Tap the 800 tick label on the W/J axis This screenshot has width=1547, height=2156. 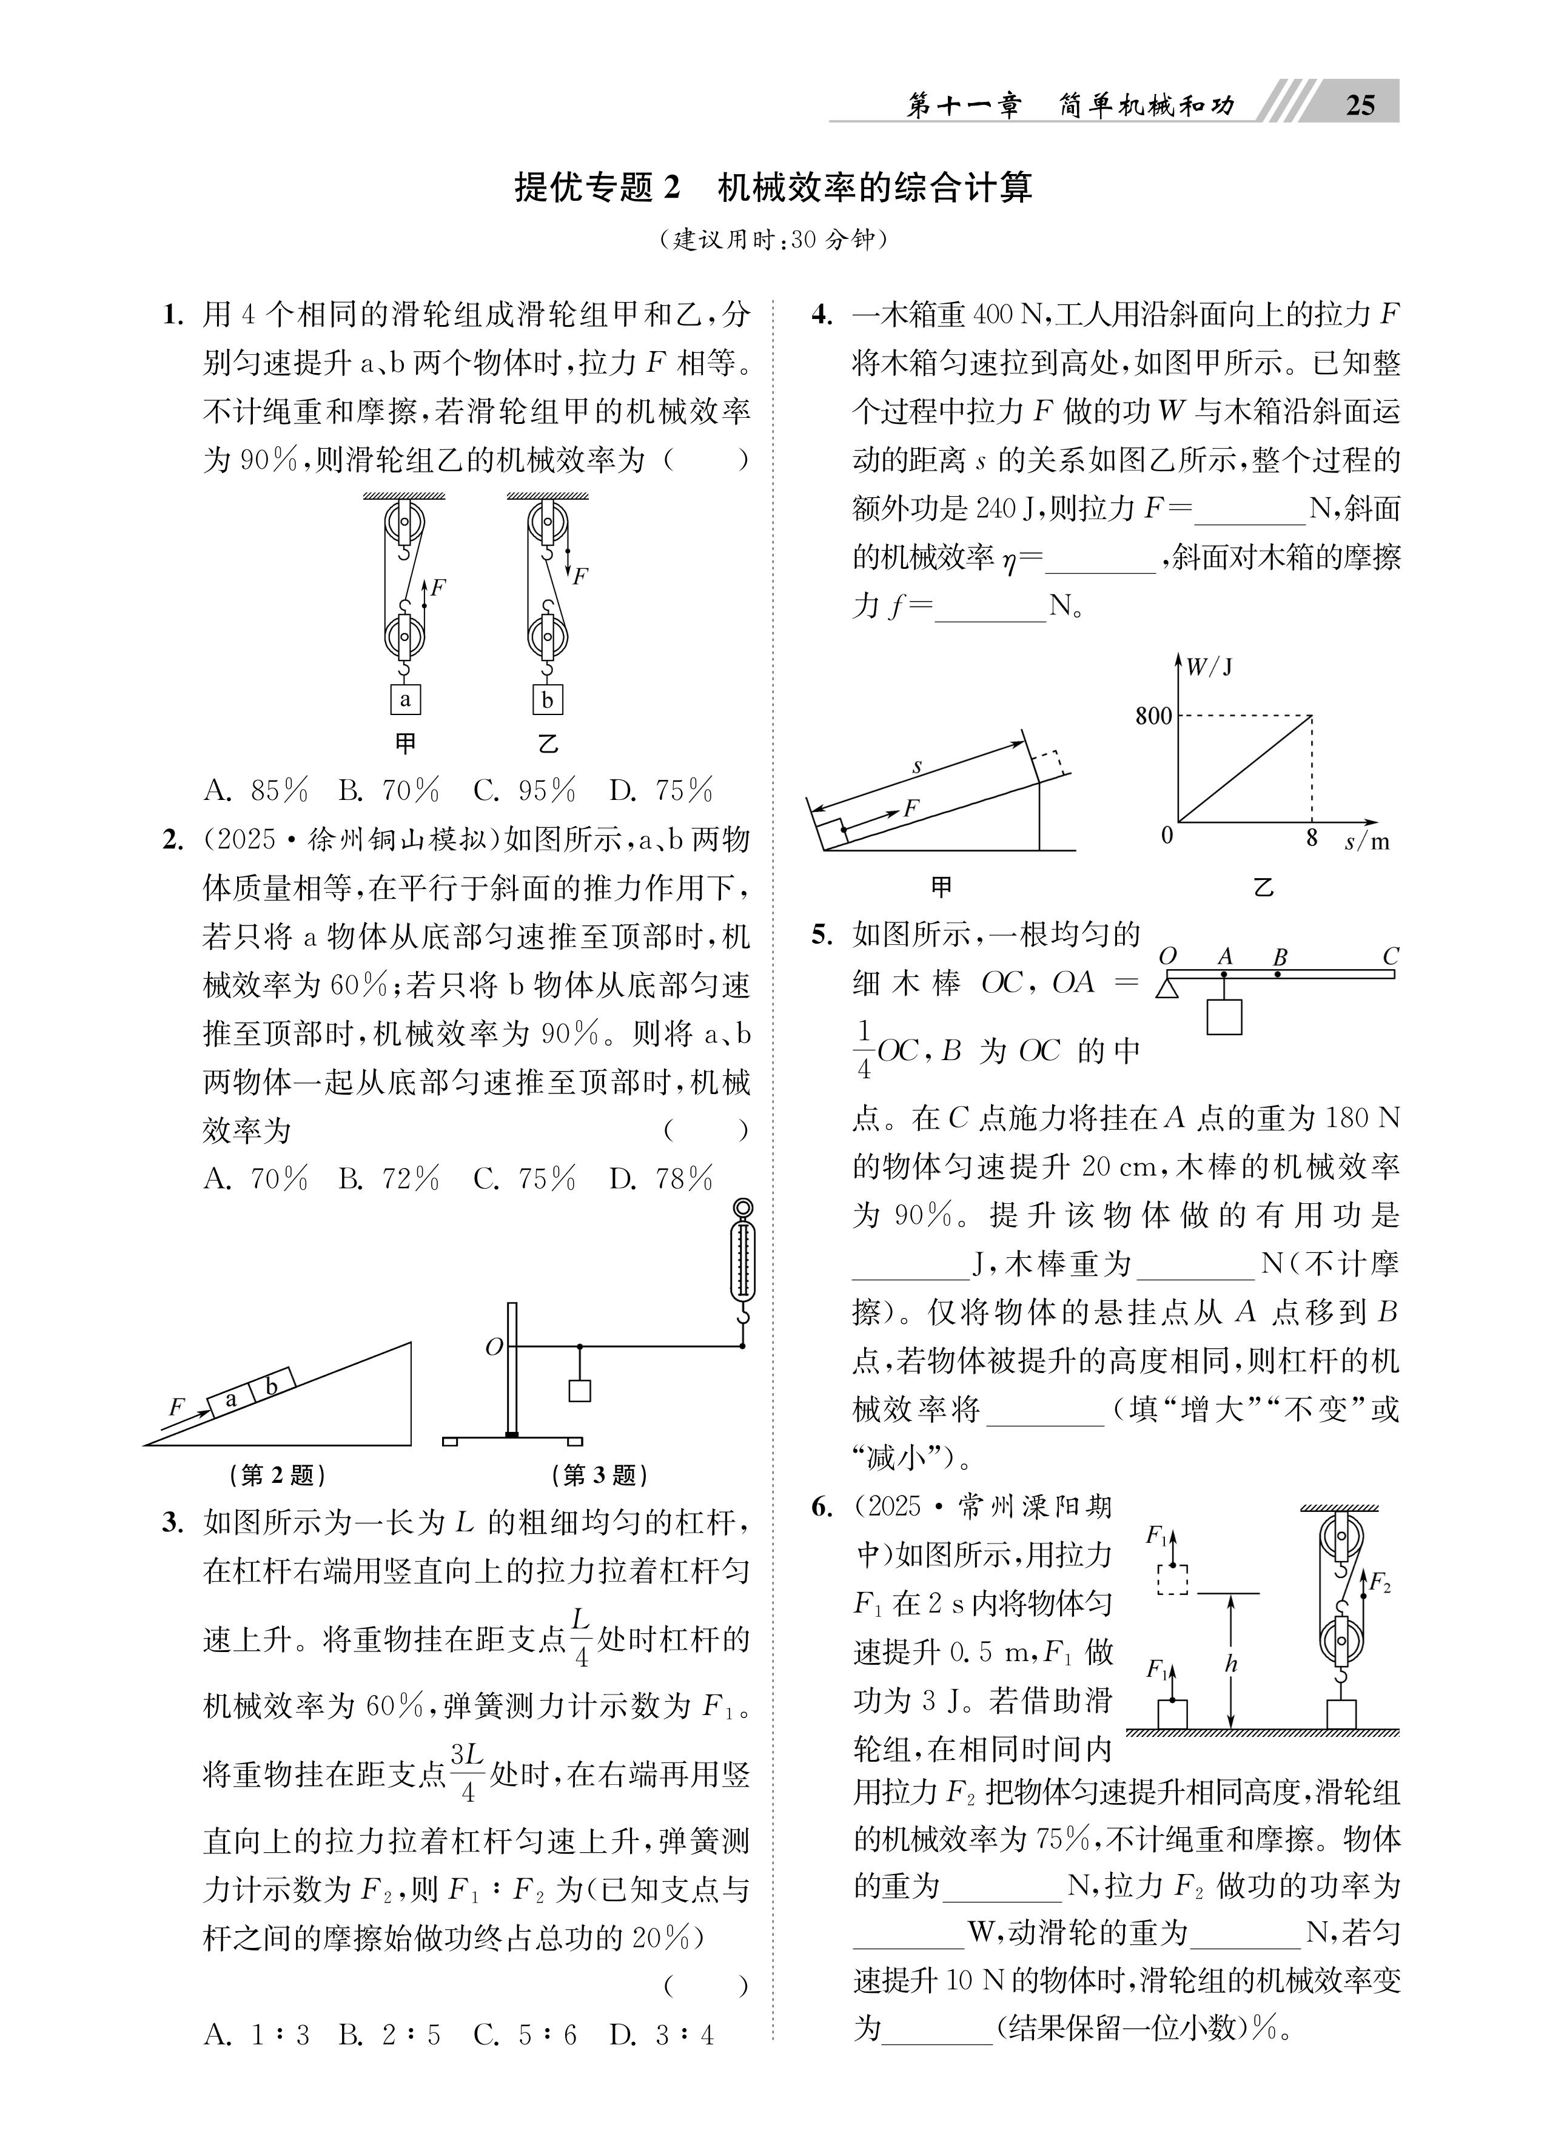click(x=1153, y=716)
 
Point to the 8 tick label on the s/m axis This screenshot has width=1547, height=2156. click(x=1312, y=838)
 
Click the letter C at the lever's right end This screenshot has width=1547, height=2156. click(x=1390, y=956)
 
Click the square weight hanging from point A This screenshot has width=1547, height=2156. click(x=1224, y=1016)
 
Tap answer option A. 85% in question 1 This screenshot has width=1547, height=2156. click(x=257, y=791)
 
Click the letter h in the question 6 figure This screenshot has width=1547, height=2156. click(x=1231, y=1664)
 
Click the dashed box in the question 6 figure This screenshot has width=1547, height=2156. click(x=1172, y=1579)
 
